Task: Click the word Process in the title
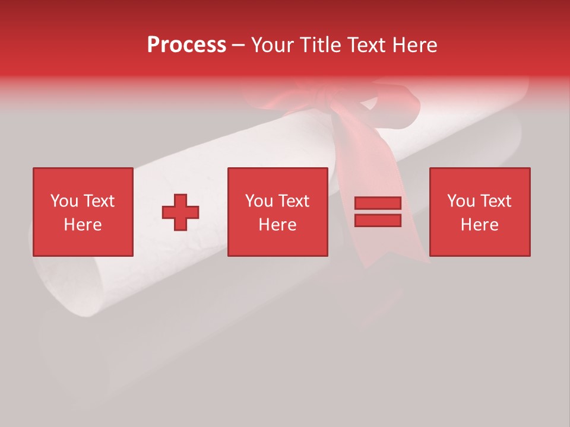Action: click(x=186, y=45)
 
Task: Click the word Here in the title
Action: click(x=416, y=45)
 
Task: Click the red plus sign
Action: click(x=180, y=212)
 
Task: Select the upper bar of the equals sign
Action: click(x=378, y=203)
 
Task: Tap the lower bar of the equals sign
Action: click(x=378, y=221)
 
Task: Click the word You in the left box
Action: click(x=64, y=201)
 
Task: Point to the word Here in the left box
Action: click(x=83, y=225)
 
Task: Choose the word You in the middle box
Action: click(x=258, y=201)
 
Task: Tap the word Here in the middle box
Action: click(x=277, y=225)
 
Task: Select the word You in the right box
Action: click(x=460, y=201)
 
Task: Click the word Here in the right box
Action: click(x=479, y=225)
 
